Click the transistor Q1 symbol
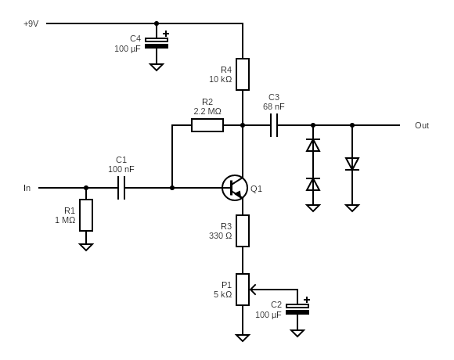[x=235, y=188]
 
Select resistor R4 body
[x=243, y=74]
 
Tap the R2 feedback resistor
[x=207, y=125]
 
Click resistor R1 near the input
[x=86, y=215]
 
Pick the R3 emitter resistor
[x=243, y=231]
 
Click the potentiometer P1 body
[x=243, y=290]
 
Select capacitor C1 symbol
[x=121, y=188]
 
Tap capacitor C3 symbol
[x=274, y=125]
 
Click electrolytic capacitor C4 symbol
[x=157, y=42]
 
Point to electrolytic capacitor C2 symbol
[x=297, y=308]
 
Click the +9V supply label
[x=31, y=23]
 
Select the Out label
[x=422, y=125]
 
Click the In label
[x=27, y=188]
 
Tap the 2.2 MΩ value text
[x=207, y=111]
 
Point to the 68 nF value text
[x=274, y=106]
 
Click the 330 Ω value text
[x=220, y=236]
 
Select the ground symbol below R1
[x=86, y=247]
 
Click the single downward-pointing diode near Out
[x=352, y=164]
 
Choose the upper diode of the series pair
[x=313, y=146]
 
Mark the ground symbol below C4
[x=157, y=67]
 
